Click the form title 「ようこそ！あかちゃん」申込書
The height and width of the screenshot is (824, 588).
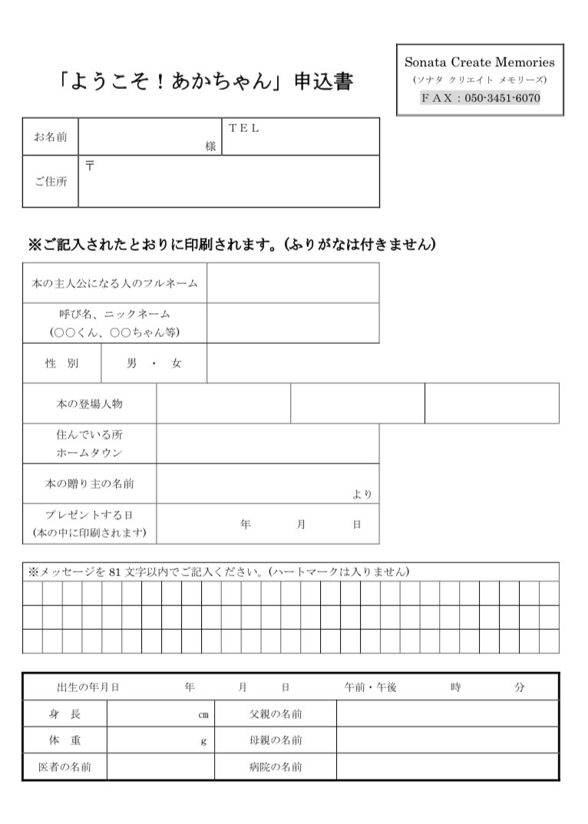205,81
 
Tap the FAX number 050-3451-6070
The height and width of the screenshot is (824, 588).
502,98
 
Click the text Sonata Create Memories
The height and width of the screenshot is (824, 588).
480,62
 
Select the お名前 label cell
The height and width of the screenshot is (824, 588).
50,137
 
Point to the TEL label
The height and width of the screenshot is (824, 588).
244,128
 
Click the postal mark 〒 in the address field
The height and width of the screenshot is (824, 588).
90,166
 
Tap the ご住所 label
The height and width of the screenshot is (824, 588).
50,182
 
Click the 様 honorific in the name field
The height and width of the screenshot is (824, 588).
210,146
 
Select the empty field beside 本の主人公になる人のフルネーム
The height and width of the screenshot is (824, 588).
292,282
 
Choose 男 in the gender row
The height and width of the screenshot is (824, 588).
131,364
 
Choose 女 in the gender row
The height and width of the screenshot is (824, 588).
177,364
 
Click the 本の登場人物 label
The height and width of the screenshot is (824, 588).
89,404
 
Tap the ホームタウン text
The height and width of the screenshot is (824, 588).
89,453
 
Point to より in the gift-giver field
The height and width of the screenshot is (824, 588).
362,494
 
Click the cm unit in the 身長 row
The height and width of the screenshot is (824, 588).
203,714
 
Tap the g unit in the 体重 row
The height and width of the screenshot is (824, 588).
203,740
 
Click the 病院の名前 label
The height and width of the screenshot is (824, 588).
276,766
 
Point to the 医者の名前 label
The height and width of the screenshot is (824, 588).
64,766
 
